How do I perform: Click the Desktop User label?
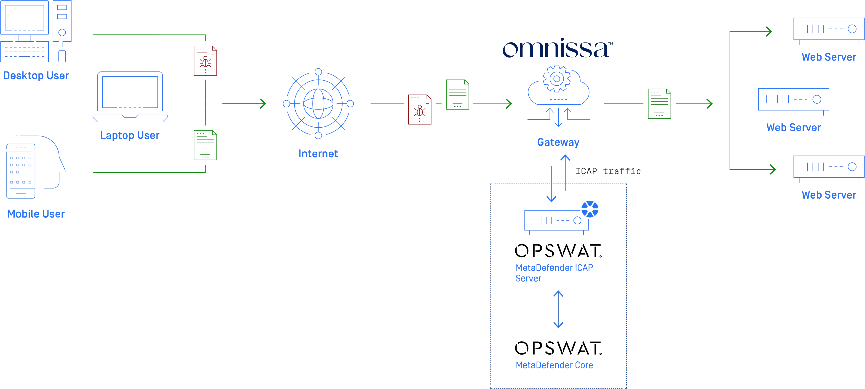[36, 76]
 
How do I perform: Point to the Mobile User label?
[36, 214]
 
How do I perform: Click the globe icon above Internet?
[318, 103]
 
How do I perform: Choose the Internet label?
[318, 154]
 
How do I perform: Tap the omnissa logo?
[557, 50]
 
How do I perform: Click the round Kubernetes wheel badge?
[590, 209]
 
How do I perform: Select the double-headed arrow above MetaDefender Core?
[558, 309]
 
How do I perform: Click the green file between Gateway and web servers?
[659, 103]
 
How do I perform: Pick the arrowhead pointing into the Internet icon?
[264, 103]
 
